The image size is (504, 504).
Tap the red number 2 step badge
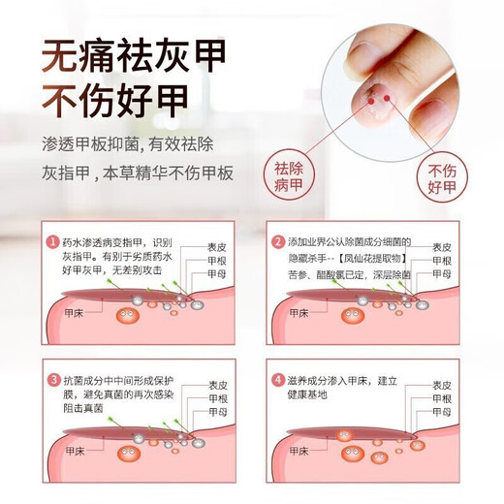tap(279, 241)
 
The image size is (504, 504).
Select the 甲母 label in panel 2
tap(441, 274)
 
